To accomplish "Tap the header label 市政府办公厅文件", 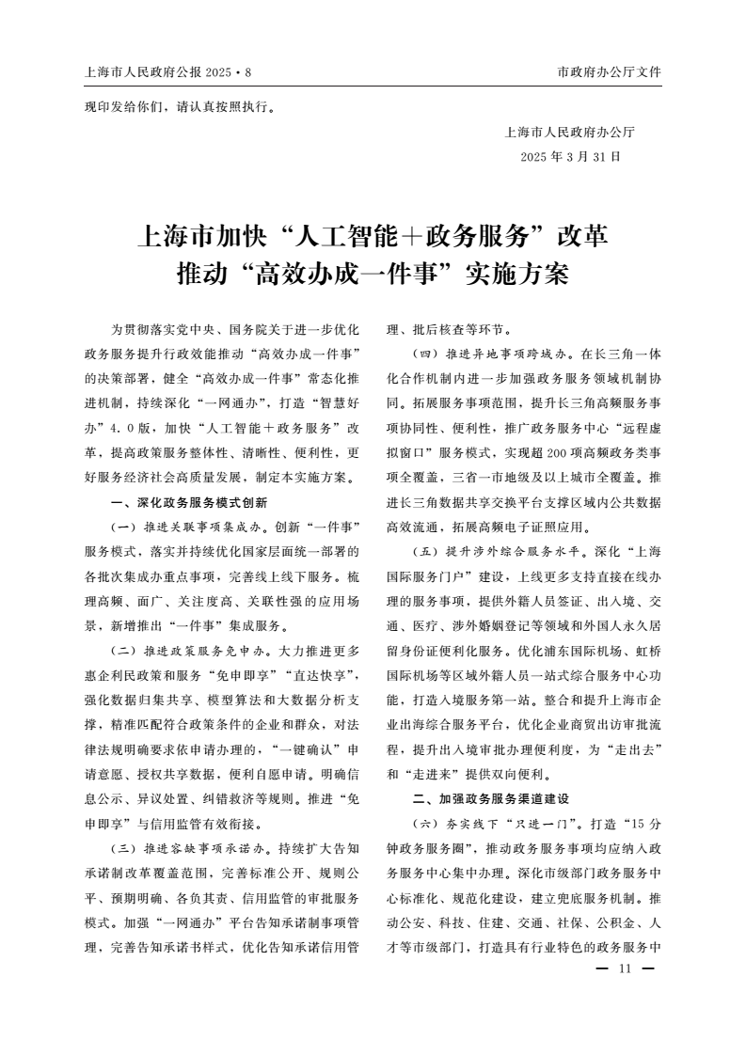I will pyautogui.click(x=610, y=71).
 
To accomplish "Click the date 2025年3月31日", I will pyautogui.click(x=569, y=156).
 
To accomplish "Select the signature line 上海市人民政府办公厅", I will pyautogui.click(x=569, y=133).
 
